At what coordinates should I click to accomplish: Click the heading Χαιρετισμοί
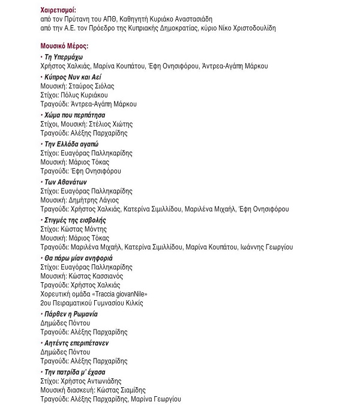tap(61, 10)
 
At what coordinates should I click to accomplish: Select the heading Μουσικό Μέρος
tap(64, 46)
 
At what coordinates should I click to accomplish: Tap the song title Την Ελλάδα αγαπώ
tap(71, 145)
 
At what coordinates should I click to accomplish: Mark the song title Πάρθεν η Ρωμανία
tap(71, 314)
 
